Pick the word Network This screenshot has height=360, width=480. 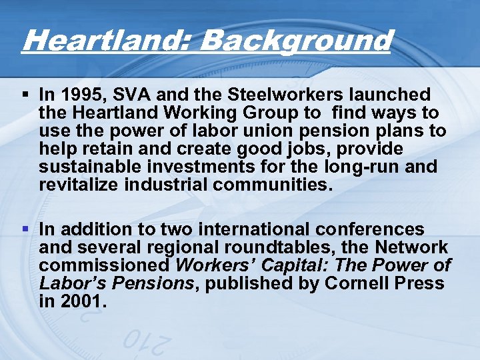point(412,247)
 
